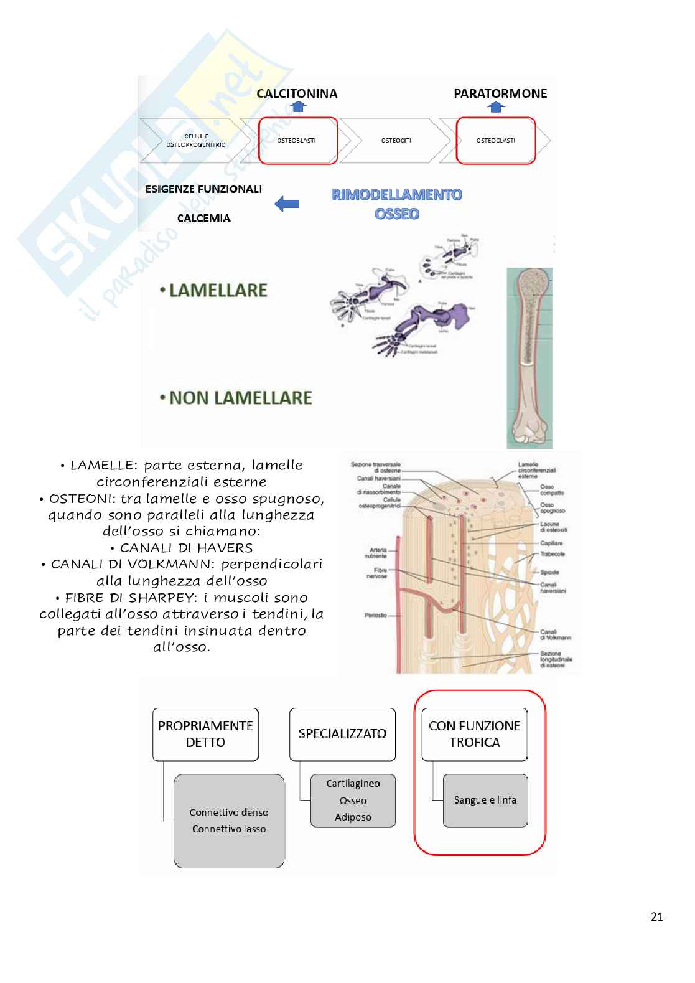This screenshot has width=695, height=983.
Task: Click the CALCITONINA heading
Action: (297, 94)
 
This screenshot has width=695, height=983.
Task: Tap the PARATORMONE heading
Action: (500, 94)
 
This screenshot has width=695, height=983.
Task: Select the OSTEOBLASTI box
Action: (297, 141)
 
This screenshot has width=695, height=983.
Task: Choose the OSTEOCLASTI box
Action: (495, 141)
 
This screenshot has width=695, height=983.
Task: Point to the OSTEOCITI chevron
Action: (396, 141)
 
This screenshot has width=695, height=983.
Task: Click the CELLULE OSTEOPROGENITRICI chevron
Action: (196, 141)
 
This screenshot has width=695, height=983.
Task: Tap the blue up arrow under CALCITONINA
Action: (299, 107)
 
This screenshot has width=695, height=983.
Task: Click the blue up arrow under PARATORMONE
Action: (496, 107)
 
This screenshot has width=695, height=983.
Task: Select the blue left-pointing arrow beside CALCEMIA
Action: (287, 204)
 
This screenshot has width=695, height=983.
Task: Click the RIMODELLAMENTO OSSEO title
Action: (397, 204)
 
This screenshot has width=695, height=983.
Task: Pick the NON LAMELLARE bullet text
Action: (240, 398)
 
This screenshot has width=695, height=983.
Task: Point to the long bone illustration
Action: (529, 358)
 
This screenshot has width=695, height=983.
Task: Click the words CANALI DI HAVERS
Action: (186, 548)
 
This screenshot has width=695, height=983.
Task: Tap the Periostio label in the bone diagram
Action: (376, 615)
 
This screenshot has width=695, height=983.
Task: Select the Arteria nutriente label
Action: (378, 553)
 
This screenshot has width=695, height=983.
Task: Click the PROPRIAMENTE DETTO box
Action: (205, 734)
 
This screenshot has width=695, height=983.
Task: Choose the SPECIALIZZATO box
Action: (342, 734)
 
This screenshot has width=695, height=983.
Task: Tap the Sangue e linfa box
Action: (485, 801)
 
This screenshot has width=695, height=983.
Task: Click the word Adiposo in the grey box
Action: (353, 817)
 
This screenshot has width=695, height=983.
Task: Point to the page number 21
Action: (656, 916)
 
